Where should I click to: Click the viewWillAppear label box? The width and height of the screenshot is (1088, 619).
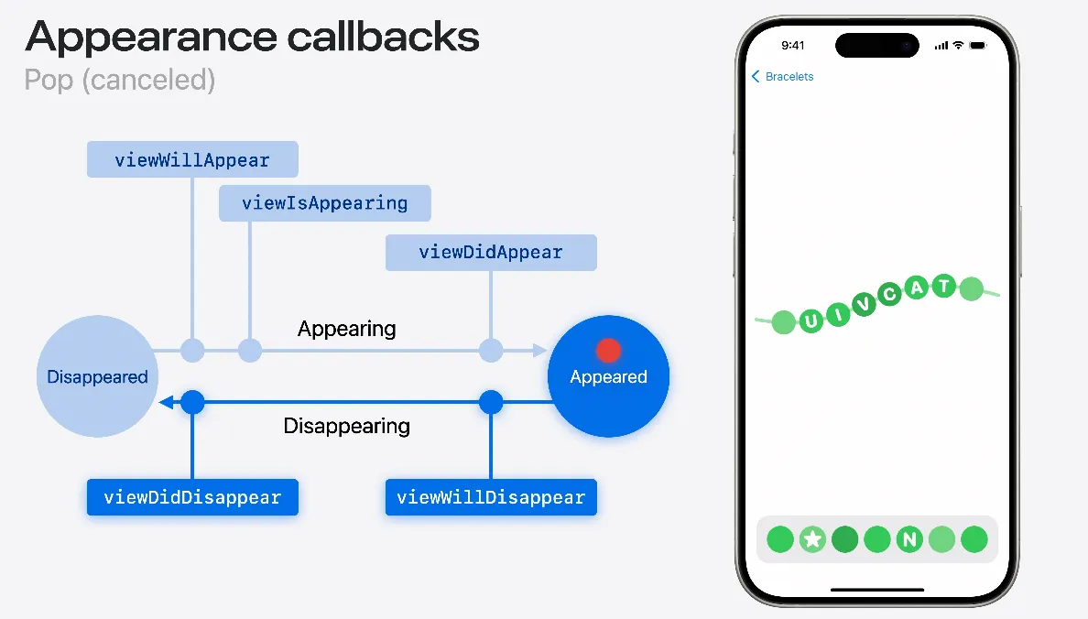[x=192, y=159]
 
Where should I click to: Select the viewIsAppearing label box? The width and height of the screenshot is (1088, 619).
[x=324, y=202]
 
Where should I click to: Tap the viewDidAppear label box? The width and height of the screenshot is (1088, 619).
[x=491, y=252]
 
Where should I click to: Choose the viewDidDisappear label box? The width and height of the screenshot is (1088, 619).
[x=192, y=497]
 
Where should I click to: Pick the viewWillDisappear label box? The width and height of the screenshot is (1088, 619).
[x=491, y=497]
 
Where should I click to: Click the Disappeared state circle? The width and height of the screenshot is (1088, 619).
[x=97, y=376]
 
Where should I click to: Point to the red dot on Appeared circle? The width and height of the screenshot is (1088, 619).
[x=609, y=350]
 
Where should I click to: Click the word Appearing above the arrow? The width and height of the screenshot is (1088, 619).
[x=346, y=329]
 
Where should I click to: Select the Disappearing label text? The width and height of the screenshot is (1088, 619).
[x=346, y=426]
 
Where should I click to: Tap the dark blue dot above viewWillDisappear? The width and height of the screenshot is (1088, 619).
[x=491, y=401]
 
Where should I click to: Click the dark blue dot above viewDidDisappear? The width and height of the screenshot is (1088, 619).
[x=192, y=401]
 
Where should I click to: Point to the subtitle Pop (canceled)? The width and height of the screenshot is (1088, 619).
[x=120, y=80]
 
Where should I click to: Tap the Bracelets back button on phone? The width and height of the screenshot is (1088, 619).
[x=783, y=77]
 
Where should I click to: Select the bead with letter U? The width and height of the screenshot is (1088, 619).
[x=811, y=320]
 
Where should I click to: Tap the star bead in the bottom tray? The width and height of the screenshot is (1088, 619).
[x=812, y=539]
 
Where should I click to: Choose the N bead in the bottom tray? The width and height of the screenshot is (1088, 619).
[x=908, y=539]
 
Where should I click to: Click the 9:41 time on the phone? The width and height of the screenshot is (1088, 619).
[x=793, y=45]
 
